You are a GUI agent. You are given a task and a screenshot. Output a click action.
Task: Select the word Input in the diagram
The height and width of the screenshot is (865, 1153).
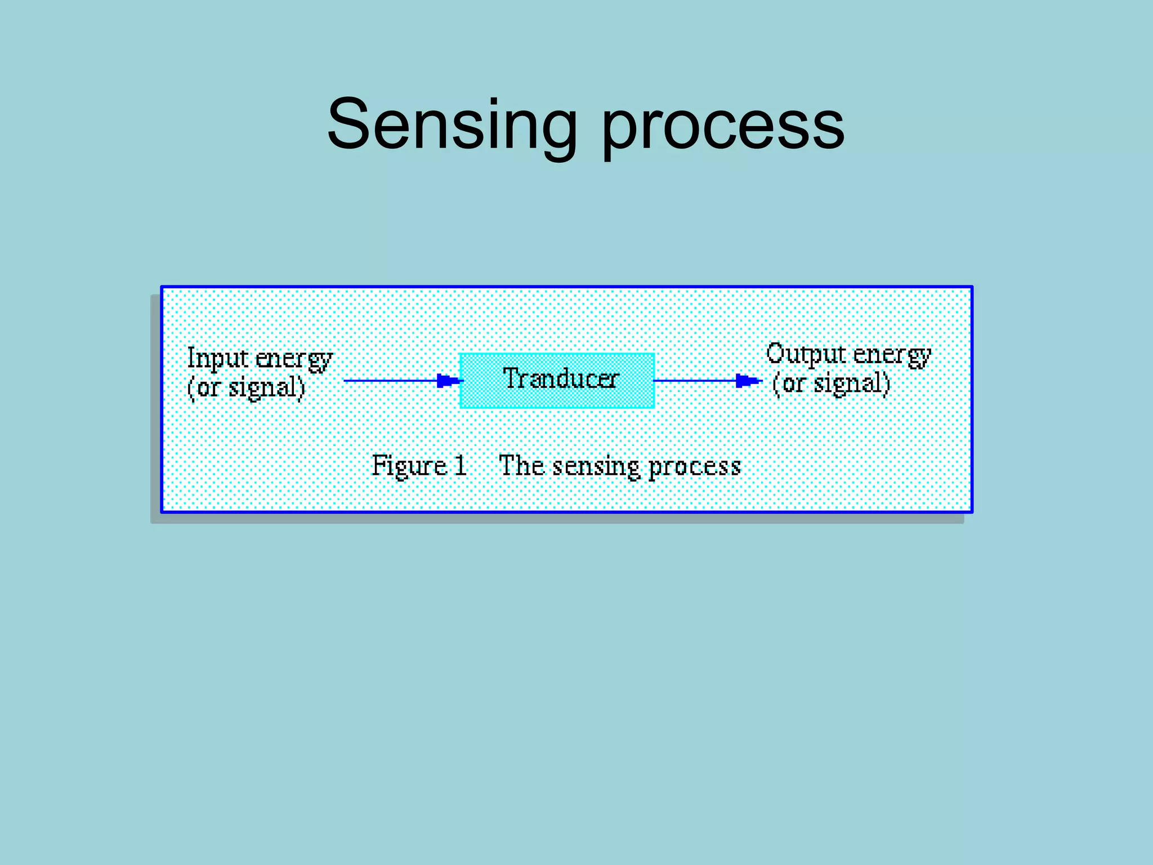click(217, 359)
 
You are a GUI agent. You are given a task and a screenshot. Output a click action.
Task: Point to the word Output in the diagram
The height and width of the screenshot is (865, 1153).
click(806, 355)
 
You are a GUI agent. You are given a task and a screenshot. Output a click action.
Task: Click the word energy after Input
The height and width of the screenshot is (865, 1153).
click(294, 360)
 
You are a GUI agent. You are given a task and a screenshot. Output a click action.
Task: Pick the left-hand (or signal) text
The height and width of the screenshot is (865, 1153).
click(246, 387)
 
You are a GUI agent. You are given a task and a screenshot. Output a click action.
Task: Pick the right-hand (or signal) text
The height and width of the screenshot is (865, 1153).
click(831, 384)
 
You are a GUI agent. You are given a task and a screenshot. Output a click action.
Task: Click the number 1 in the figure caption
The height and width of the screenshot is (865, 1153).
click(461, 465)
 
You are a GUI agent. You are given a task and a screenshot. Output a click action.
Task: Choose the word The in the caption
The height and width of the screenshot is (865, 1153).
click(521, 465)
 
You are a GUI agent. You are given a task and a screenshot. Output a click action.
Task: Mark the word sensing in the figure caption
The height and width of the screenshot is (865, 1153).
click(596, 467)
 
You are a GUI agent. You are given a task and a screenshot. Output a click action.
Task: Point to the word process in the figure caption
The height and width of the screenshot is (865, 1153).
click(694, 467)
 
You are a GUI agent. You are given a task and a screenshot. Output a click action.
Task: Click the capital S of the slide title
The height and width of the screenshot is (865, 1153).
click(350, 124)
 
